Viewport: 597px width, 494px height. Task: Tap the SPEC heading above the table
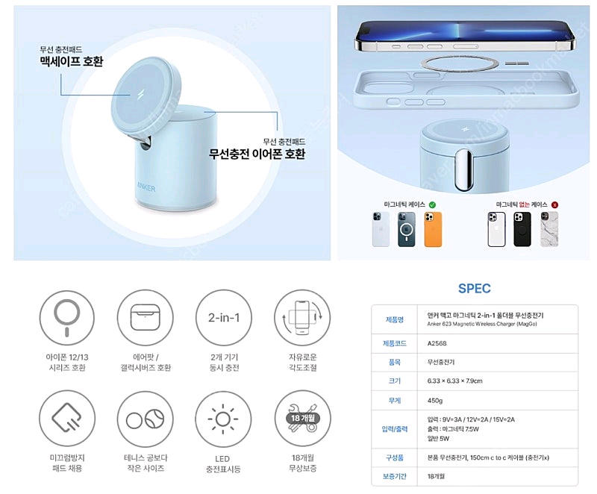[475, 288]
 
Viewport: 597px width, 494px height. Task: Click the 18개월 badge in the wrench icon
[299, 418]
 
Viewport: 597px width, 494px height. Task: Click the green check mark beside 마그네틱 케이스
[432, 203]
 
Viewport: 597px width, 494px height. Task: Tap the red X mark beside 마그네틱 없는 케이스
[554, 203]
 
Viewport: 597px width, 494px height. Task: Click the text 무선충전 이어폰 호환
[257, 154]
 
